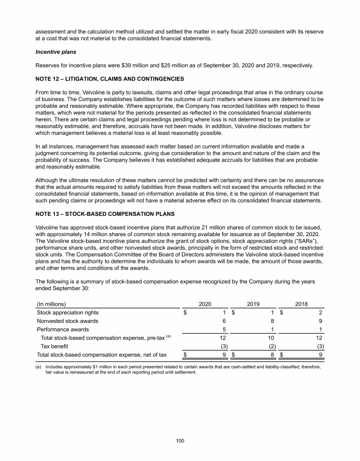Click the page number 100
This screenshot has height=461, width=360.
click(x=180, y=440)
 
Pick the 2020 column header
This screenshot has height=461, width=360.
click(x=205, y=304)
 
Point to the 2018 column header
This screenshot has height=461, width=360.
click(x=301, y=304)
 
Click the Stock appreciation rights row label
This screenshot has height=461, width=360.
click(x=68, y=312)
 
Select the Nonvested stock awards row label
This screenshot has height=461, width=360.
click(x=67, y=321)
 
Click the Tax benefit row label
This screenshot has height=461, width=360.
click(x=55, y=346)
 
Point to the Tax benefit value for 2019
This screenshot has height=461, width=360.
click(x=271, y=346)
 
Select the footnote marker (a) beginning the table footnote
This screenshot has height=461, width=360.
click(x=39, y=367)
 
